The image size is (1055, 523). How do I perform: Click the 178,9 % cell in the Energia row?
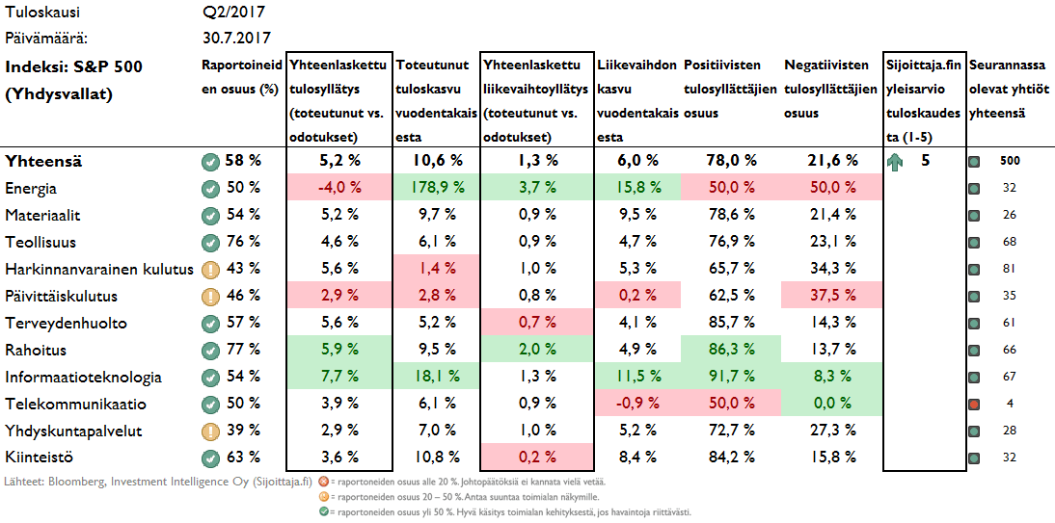pyautogui.click(x=436, y=187)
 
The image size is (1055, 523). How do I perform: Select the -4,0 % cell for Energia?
pyautogui.click(x=338, y=187)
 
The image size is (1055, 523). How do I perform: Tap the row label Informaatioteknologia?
pyautogui.click(x=83, y=377)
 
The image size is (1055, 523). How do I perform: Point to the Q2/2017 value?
pyautogui.click(x=234, y=13)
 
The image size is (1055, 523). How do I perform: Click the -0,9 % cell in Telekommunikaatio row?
pyautogui.click(x=636, y=404)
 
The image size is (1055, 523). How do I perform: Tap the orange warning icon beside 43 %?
pyautogui.click(x=209, y=269)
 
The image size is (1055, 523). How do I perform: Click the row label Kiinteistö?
pyautogui.click(x=40, y=458)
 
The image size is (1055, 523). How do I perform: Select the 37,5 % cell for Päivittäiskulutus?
pyautogui.click(x=832, y=296)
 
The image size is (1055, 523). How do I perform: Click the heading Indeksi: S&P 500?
pyautogui.click(x=74, y=66)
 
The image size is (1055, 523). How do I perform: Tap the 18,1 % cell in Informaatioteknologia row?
pyautogui.click(x=436, y=377)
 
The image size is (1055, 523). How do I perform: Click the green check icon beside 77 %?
pyautogui.click(x=209, y=350)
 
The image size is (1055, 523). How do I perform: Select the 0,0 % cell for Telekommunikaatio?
pyautogui.click(x=832, y=404)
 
